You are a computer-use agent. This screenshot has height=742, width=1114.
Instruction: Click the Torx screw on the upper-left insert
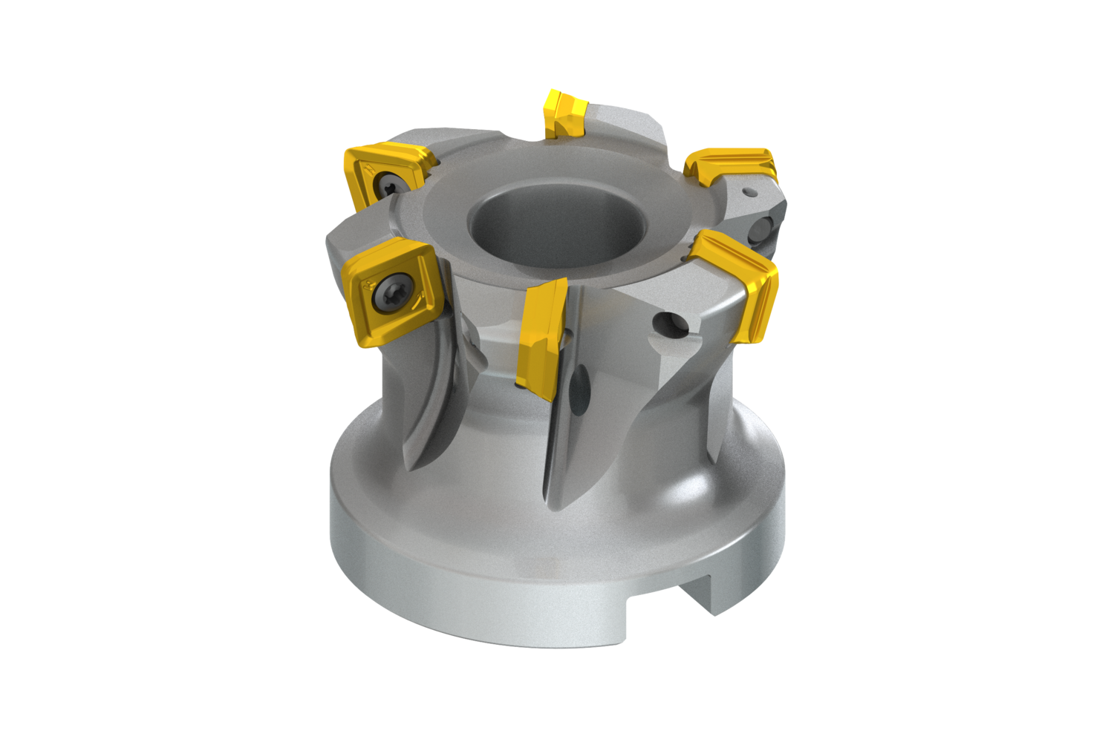(388, 183)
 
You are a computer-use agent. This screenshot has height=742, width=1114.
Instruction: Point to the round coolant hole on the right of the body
(674, 324)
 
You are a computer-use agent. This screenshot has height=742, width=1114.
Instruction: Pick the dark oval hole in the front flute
(582, 386)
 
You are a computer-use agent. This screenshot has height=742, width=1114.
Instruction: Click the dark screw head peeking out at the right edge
(763, 231)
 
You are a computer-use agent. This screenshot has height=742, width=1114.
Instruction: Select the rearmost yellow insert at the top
(564, 113)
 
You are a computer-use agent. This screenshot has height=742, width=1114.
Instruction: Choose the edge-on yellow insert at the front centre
(542, 334)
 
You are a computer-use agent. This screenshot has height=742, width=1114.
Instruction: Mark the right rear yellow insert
(732, 167)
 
